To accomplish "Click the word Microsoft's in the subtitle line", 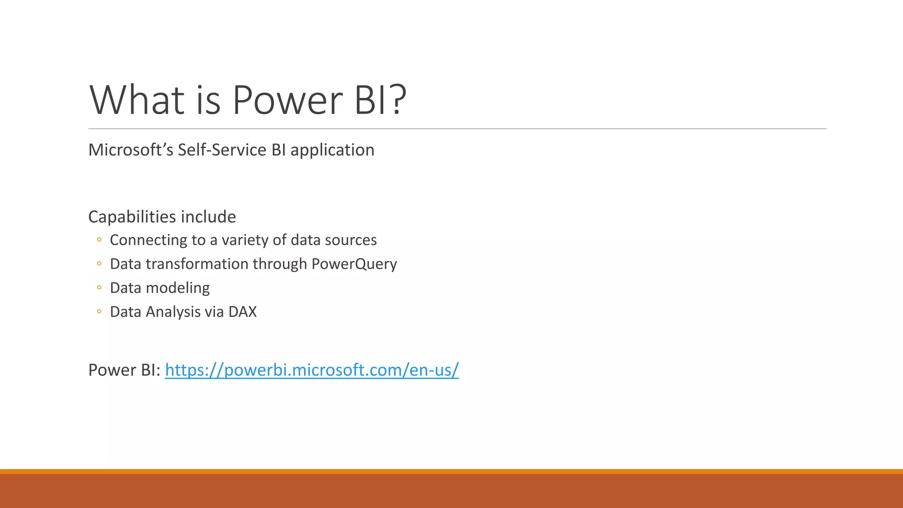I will click(131, 150).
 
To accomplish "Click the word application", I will click(332, 151).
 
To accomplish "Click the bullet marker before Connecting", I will click(99, 240).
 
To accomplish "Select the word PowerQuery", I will click(354, 264).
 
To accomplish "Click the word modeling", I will click(178, 288).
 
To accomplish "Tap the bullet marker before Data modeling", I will click(99, 288).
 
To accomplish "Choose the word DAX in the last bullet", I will click(242, 312).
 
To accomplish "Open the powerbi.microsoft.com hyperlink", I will click(312, 370).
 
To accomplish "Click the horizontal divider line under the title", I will click(457, 129).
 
